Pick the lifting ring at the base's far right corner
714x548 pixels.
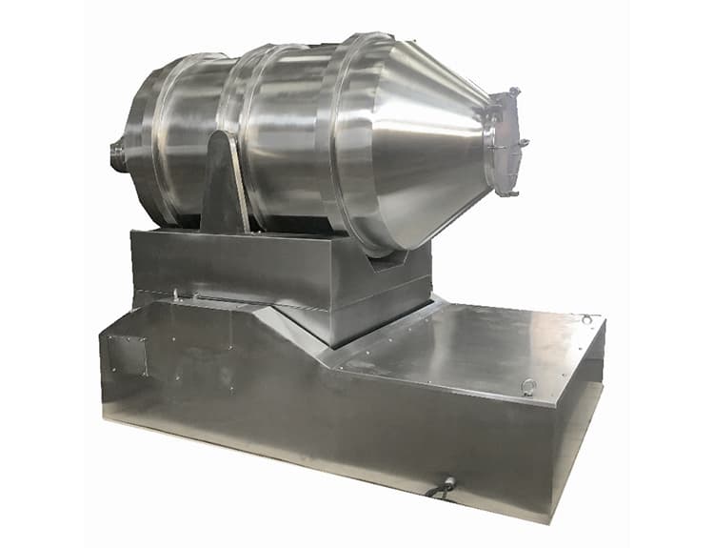(588, 319)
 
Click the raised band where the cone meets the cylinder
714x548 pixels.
(347, 143)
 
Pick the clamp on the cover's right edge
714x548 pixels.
(523, 144)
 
